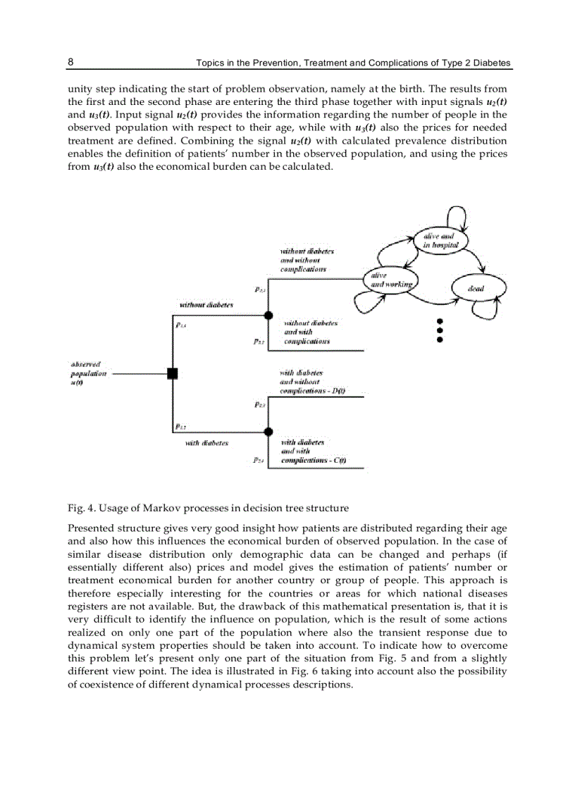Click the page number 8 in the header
tap(70, 62)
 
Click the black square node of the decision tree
tap(172, 373)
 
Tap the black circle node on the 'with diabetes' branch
tap(267, 430)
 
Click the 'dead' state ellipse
tap(476, 287)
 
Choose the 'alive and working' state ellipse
tap(388, 280)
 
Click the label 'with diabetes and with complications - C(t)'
tap(312, 451)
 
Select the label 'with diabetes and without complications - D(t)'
tap(312, 381)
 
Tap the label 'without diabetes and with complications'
tap(309, 332)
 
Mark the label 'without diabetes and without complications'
tap(307, 260)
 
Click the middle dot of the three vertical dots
tap(440, 330)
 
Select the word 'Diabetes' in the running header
tap(492, 63)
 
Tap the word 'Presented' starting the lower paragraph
tap(89, 528)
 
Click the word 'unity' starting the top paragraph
tap(79, 89)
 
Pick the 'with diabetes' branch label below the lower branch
tap(206, 443)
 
